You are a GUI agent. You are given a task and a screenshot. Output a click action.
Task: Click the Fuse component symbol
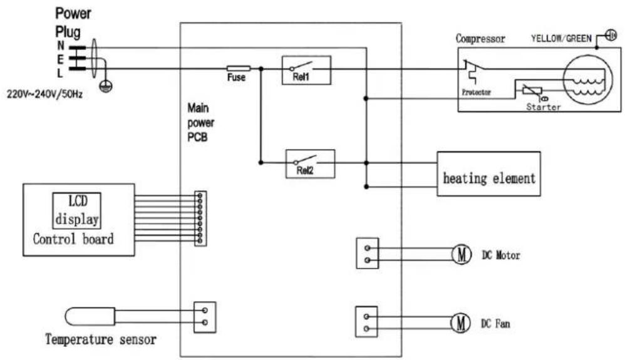click(x=239, y=69)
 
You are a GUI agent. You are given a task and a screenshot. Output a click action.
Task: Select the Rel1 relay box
click(x=306, y=70)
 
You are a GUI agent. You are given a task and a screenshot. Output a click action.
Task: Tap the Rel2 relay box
click(x=310, y=164)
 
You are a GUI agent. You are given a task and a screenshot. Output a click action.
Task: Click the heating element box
click(x=488, y=174)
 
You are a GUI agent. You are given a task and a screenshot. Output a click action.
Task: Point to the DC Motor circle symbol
click(x=461, y=254)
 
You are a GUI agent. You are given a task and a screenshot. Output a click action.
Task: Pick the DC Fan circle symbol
click(x=460, y=322)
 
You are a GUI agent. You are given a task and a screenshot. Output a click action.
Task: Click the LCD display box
click(x=77, y=210)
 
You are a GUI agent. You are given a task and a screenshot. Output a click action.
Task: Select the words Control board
click(x=73, y=239)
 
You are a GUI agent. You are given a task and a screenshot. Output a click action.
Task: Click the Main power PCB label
click(x=200, y=122)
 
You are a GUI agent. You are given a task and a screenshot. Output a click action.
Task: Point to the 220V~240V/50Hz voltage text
click(x=44, y=95)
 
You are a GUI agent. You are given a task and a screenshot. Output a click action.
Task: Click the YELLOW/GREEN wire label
click(x=561, y=39)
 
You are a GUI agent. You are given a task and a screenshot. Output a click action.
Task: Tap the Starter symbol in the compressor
click(x=532, y=91)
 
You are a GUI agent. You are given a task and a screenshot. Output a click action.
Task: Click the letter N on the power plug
click(x=61, y=46)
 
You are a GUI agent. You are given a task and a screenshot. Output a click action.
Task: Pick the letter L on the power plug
click(x=59, y=73)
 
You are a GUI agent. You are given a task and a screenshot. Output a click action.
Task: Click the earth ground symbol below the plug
click(x=106, y=86)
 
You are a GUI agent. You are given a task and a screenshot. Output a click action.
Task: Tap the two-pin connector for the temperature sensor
click(x=205, y=317)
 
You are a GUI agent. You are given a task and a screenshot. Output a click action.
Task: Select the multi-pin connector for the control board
click(x=200, y=219)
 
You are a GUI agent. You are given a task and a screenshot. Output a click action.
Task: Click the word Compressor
click(x=480, y=39)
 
